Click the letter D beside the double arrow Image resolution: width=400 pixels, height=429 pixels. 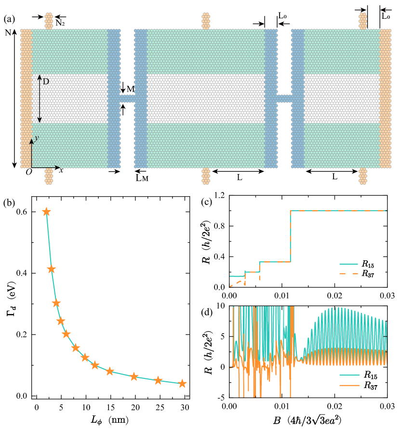(46, 81)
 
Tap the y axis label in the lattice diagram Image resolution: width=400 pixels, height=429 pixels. (36, 138)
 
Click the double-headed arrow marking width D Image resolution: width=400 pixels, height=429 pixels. (40, 98)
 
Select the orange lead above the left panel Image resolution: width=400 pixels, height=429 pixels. (49, 21)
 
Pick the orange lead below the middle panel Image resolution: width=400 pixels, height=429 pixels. (206, 176)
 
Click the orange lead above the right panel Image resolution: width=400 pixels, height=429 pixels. (363, 21)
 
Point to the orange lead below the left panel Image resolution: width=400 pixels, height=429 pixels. (49, 176)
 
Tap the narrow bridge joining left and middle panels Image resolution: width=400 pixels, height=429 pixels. (127, 98)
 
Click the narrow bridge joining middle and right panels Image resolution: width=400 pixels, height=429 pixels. (284, 98)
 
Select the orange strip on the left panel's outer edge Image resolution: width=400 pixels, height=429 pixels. (27, 98)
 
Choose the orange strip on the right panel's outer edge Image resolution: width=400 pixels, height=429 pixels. (385, 98)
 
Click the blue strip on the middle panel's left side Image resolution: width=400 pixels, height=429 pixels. (140, 98)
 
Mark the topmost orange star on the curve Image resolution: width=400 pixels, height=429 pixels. (46, 212)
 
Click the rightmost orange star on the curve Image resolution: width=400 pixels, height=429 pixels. (182, 384)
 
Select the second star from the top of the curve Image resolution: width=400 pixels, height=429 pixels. (51, 269)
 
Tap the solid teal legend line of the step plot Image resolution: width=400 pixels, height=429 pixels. (348, 264)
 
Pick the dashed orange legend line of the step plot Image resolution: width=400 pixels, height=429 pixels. (348, 273)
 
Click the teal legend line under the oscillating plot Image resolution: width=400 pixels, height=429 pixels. (349, 375)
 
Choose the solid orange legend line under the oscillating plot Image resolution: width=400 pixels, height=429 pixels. (349, 386)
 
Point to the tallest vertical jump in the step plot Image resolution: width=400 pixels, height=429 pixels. (290, 236)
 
